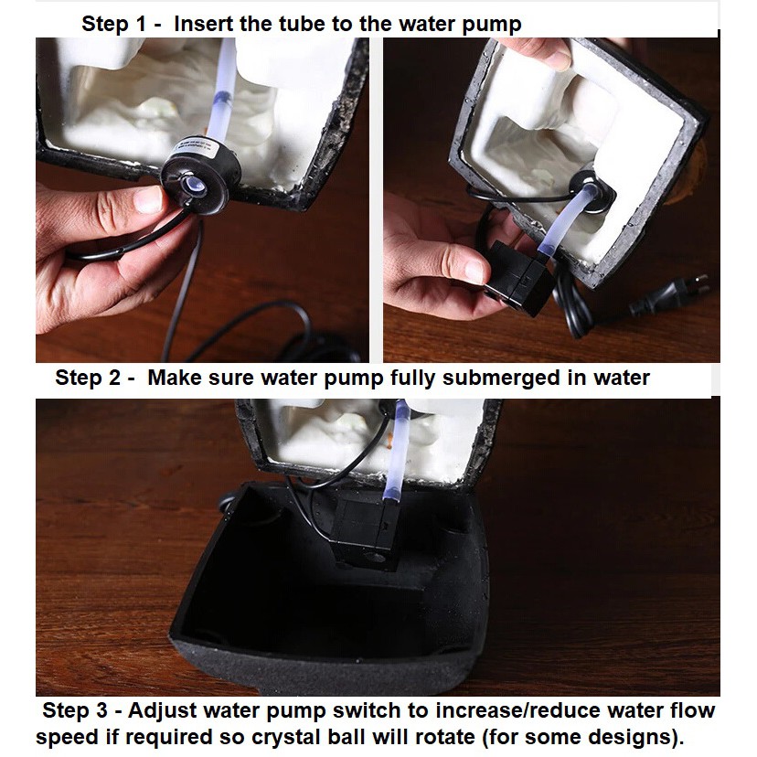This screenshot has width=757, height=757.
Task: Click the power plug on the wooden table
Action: (x=669, y=293)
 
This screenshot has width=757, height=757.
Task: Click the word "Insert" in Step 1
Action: (x=203, y=24)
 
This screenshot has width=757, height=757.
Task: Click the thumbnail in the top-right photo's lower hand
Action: (x=474, y=271)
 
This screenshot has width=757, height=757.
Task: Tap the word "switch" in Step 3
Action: (x=367, y=710)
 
